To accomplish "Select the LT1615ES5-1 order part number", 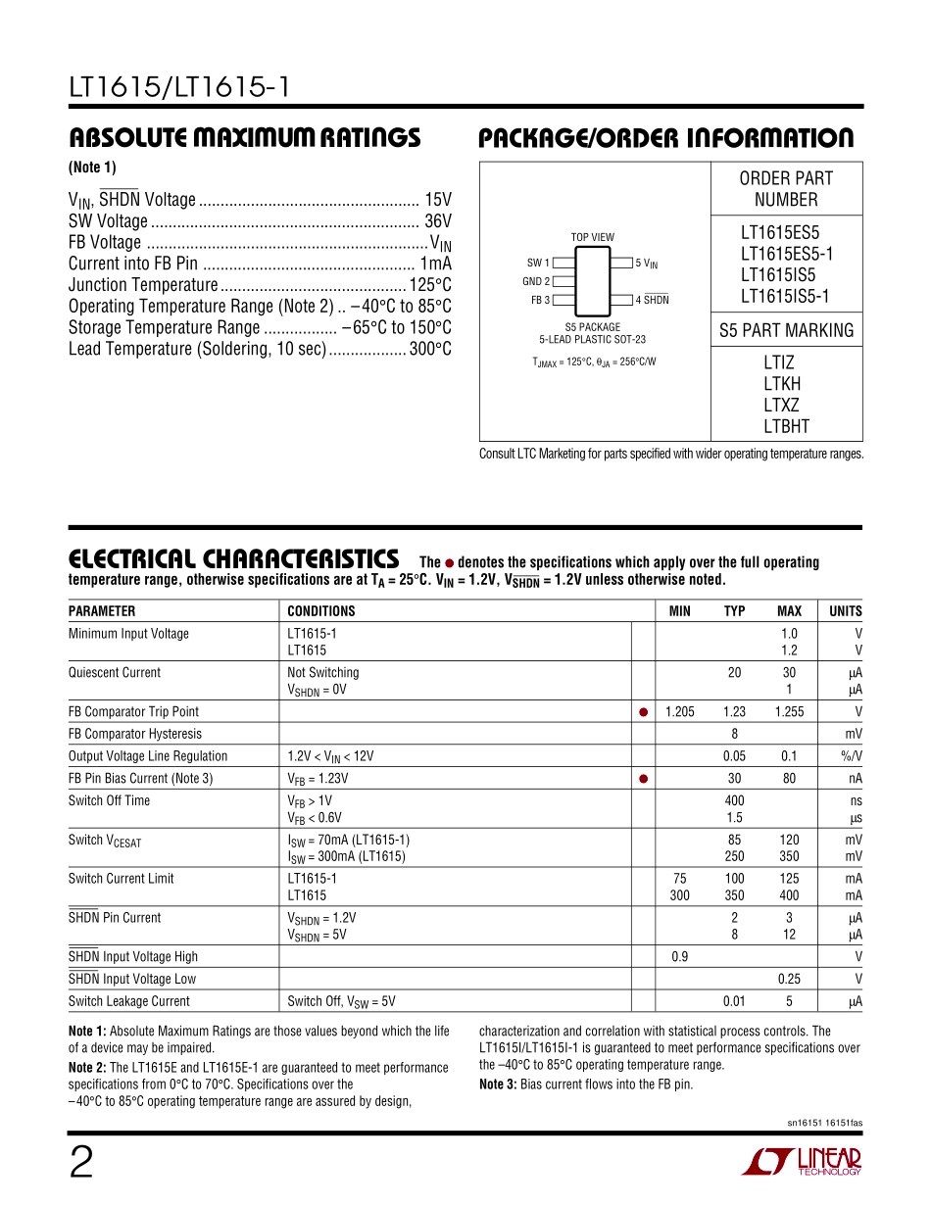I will (x=786, y=254).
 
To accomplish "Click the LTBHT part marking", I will (x=786, y=426).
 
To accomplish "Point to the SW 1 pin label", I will (x=538, y=263).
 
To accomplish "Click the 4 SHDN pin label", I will (x=652, y=300).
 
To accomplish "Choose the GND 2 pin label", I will (x=536, y=281).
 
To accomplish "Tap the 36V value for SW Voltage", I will (x=437, y=221).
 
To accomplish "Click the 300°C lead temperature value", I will (x=430, y=349).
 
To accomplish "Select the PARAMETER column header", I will (x=102, y=611).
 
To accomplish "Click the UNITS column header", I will (x=845, y=611).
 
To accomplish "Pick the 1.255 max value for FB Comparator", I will (x=789, y=712).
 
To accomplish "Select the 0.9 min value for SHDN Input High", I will (x=679, y=957).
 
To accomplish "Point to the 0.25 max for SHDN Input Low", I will (x=789, y=979).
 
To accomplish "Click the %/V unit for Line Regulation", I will (x=851, y=756).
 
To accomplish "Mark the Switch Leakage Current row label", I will (x=128, y=1001).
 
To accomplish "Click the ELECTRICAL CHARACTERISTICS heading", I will (x=233, y=559).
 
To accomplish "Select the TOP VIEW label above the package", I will (x=593, y=237).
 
